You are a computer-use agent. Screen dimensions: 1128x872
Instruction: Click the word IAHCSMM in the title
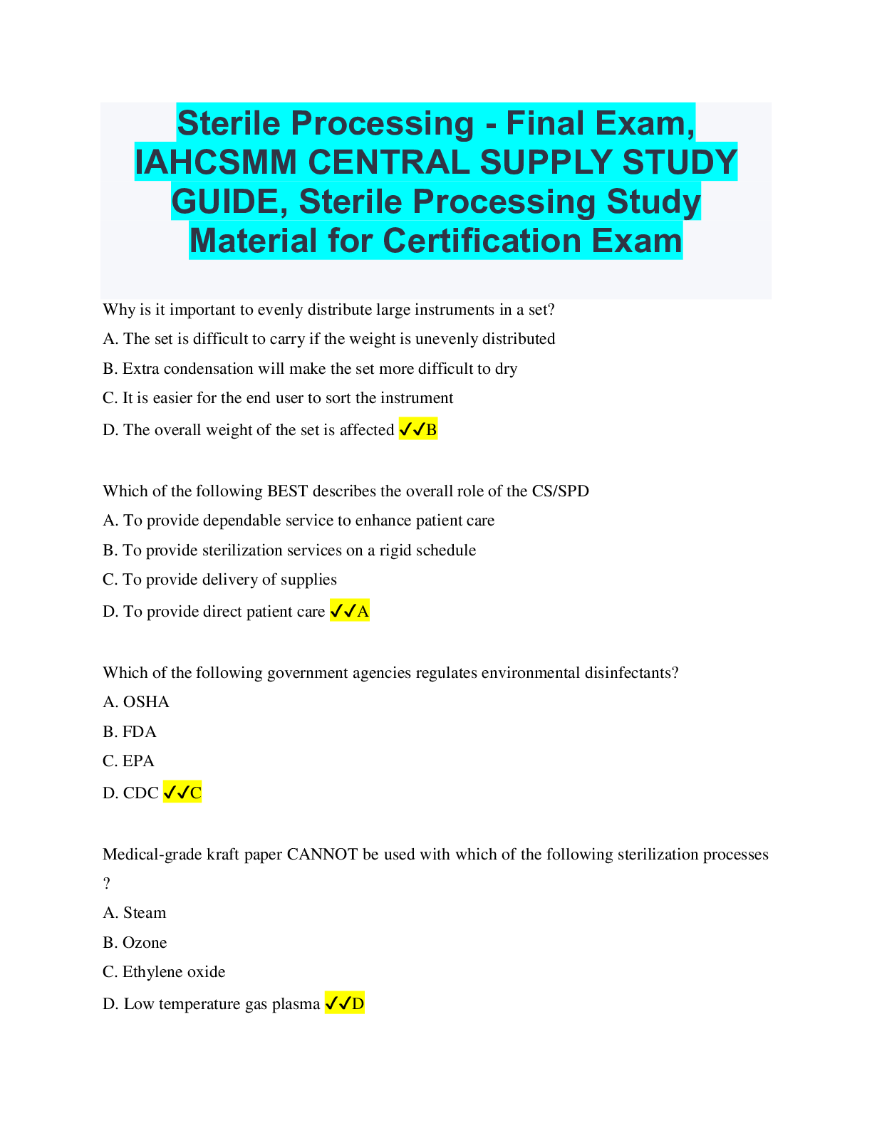(216, 162)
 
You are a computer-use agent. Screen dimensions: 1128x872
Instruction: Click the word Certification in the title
(482, 241)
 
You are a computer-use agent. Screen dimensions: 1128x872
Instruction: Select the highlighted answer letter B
(431, 429)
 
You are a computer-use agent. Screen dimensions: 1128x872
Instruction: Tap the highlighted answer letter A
(363, 611)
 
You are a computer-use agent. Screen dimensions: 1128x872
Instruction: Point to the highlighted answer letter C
(196, 793)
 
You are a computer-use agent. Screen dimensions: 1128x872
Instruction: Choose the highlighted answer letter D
(358, 1004)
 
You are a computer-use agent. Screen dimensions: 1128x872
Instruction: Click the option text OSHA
(146, 702)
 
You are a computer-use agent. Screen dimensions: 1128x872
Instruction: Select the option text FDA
(140, 732)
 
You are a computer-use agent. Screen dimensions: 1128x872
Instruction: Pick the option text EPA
(138, 761)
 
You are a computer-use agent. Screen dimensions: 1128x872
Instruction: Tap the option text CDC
(141, 793)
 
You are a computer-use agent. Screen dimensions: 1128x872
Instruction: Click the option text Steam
(145, 913)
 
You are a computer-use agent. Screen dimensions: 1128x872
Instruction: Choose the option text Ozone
(145, 943)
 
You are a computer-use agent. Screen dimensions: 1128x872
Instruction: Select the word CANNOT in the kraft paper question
(322, 855)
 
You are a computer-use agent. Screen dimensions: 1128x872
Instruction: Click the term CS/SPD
(560, 491)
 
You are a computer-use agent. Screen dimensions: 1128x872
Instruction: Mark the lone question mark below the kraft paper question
(106, 884)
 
